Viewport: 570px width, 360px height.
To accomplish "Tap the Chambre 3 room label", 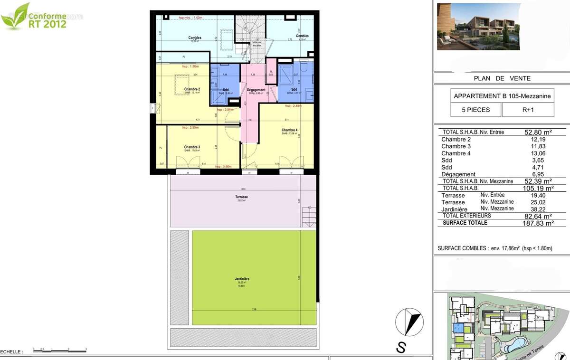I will [x=192, y=147].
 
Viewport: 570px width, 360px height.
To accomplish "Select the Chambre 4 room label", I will [x=289, y=130].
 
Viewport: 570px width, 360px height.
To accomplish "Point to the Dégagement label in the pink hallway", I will [x=256, y=90].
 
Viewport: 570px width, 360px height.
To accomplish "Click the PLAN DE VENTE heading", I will [x=502, y=78].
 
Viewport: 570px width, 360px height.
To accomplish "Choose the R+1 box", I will [x=528, y=110].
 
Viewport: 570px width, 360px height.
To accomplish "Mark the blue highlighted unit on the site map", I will [x=459, y=328].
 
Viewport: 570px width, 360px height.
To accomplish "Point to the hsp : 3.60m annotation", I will [x=223, y=167].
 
